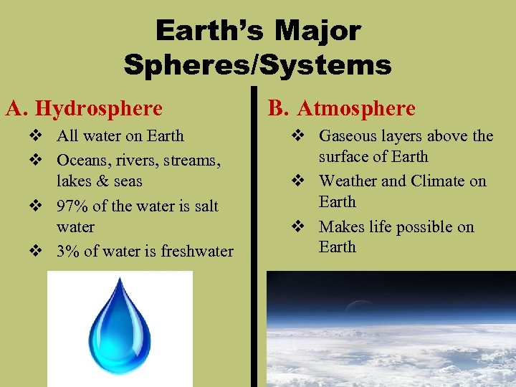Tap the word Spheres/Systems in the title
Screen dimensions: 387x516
tap(257, 66)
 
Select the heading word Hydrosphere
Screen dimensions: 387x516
tap(99, 109)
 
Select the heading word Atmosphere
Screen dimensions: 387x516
tap(356, 109)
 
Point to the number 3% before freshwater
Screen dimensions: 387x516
tap(67, 252)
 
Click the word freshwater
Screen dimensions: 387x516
tap(197, 252)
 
